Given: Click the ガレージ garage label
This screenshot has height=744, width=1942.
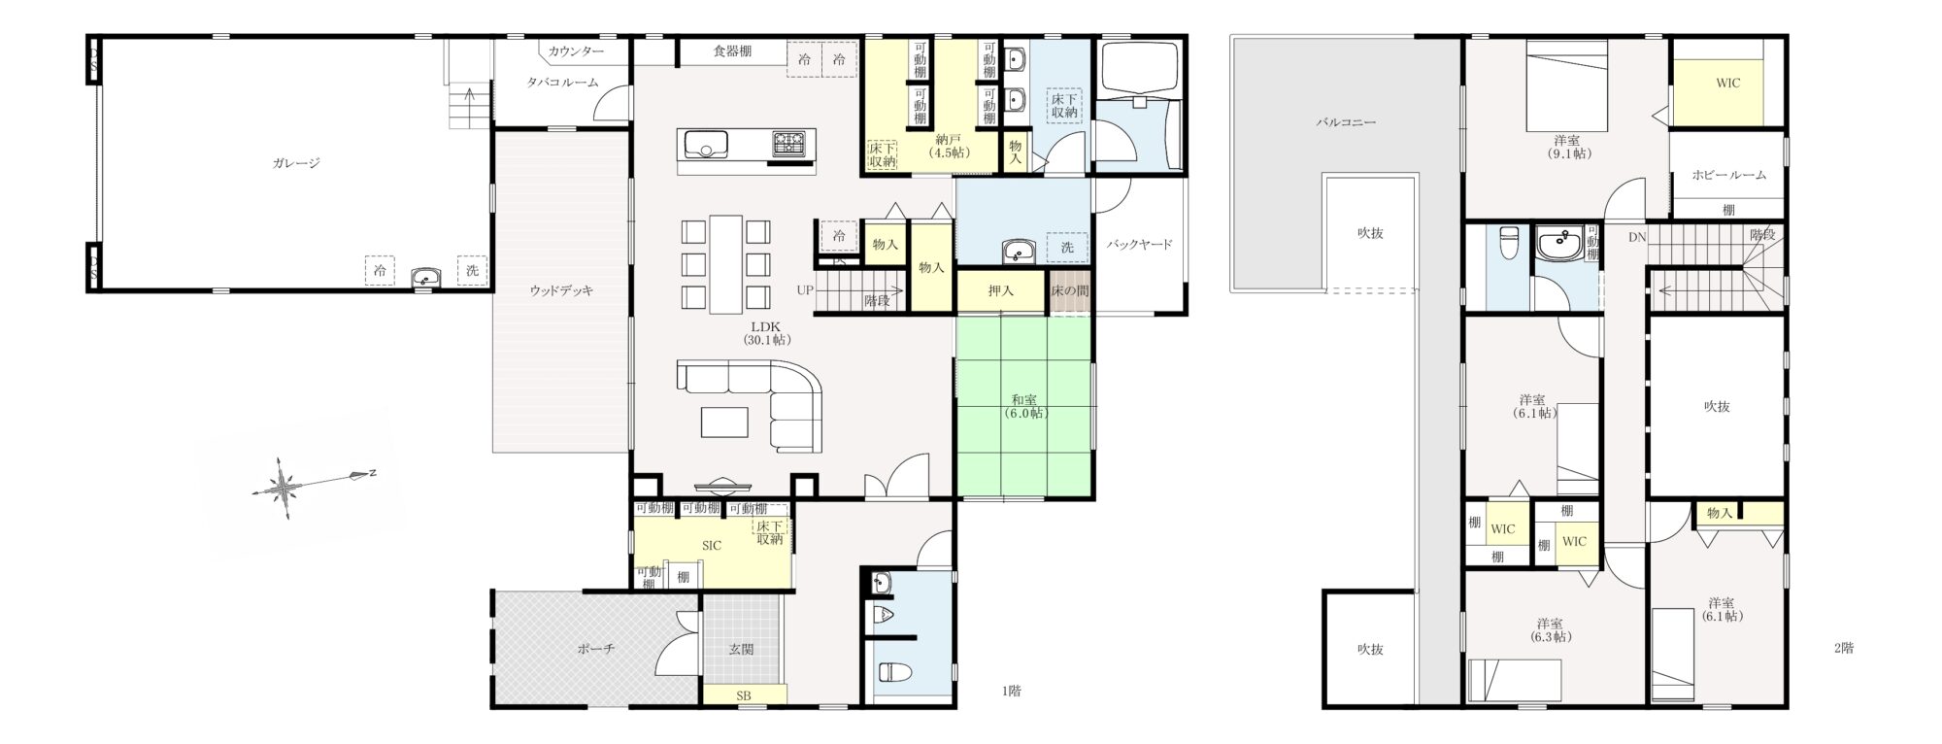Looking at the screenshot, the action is [296, 163].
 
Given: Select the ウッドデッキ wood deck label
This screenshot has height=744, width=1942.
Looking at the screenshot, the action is [561, 289].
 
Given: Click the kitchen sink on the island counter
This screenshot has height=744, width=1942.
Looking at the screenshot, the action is [707, 146].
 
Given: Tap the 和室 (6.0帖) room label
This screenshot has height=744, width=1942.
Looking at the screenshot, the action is [1025, 406].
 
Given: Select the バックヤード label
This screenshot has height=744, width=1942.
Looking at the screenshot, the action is [1140, 244].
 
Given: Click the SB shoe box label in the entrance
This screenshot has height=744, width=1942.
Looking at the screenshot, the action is [744, 695].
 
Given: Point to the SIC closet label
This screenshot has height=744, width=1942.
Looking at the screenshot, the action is [712, 546].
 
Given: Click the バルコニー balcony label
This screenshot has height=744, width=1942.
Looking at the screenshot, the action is [1346, 123].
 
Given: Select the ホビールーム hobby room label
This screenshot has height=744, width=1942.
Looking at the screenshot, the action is [1728, 175].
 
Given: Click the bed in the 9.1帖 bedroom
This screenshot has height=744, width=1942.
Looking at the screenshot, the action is [1567, 85].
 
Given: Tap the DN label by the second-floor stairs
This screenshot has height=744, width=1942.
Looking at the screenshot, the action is [1637, 237].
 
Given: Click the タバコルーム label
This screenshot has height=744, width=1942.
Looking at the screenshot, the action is [562, 83].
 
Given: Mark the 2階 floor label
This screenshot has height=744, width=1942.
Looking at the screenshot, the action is [1843, 648].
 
